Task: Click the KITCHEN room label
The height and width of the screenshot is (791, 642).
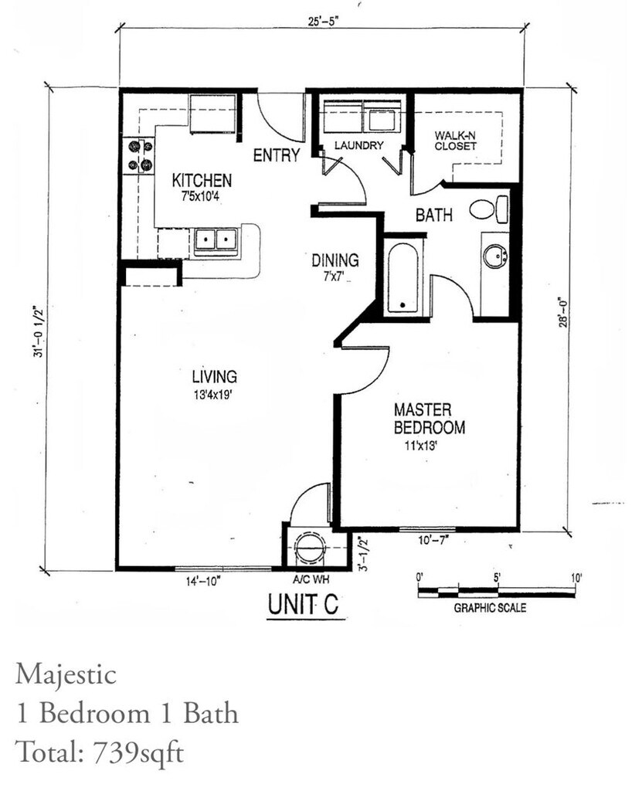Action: tap(201, 181)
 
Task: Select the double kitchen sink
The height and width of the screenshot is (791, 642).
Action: tap(214, 241)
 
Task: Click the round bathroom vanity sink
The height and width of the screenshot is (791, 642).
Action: tap(494, 256)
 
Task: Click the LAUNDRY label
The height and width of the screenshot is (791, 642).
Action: tap(358, 145)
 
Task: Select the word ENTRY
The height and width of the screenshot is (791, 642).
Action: tap(276, 155)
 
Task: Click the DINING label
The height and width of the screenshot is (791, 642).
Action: tap(335, 260)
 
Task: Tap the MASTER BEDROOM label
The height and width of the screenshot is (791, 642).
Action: tap(429, 418)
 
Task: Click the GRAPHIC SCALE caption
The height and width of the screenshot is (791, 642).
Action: tap(489, 608)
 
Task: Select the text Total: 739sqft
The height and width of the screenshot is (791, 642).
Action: tap(100, 752)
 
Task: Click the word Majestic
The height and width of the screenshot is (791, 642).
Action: tap(66, 674)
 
